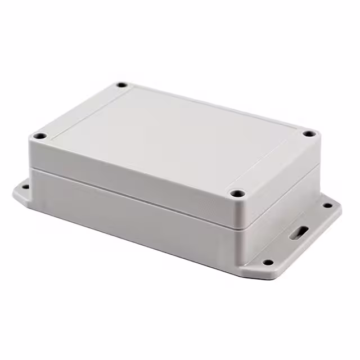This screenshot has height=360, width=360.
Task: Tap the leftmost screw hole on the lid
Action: pos(39,136)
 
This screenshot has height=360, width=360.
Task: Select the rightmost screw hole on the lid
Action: pos(309,134)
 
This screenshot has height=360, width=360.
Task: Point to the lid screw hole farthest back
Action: pos(121,85)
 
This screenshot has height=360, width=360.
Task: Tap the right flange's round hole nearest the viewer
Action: pos(268,262)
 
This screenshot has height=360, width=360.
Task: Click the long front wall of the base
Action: pos(129,217)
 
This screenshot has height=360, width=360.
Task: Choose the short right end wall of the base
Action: pos(276,225)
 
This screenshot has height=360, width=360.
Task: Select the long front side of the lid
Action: pos(129,169)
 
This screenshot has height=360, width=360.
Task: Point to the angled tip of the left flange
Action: pos(15,194)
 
